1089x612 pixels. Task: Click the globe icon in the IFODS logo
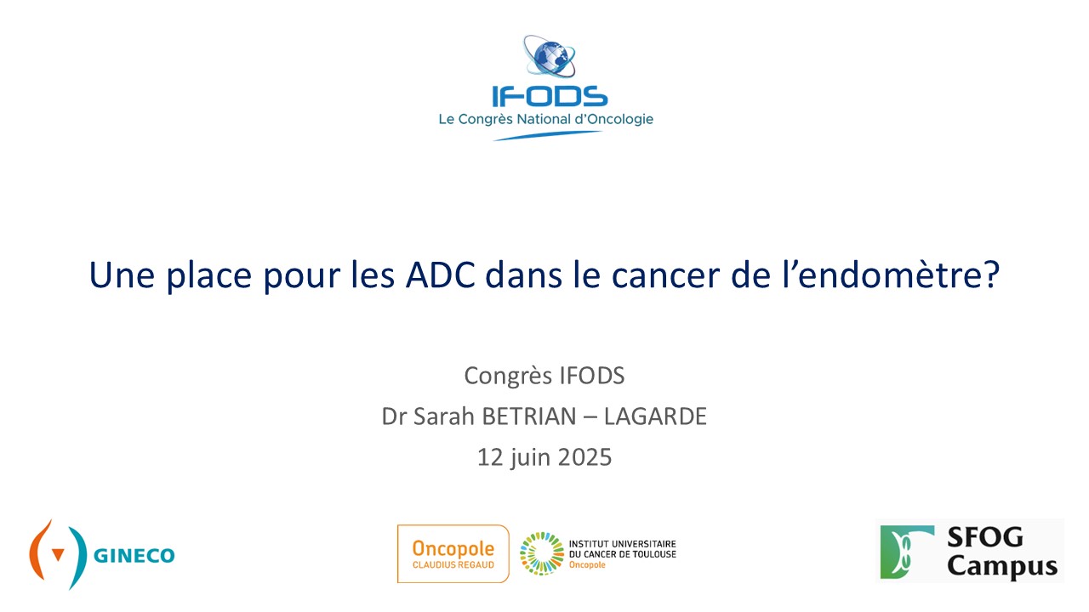tap(550, 56)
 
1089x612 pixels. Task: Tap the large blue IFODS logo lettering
tap(550, 96)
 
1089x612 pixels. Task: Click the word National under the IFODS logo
tap(544, 119)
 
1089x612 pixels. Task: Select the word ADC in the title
tap(440, 275)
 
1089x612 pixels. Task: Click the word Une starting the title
tap(122, 275)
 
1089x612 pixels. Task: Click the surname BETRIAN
tap(528, 416)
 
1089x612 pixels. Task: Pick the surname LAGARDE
tap(655, 416)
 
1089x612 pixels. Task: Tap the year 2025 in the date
tap(584, 457)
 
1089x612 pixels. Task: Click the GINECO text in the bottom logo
tap(134, 556)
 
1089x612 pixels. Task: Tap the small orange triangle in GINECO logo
tap(58, 554)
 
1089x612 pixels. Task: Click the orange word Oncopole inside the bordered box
tap(453, 549)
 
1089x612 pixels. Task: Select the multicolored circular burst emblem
tap(542, 553)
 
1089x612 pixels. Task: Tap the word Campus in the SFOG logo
tap(1002, 567)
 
